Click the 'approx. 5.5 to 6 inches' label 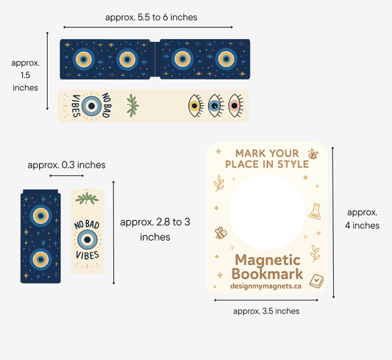tap(151, 17)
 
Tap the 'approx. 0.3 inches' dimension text tap(66, 165)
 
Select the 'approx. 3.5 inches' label tap(266, 311)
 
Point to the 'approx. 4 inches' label tap(363, 219)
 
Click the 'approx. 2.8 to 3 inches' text tap(155, 230)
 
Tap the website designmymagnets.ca tap(266, 286)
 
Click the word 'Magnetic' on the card tap(268, 260)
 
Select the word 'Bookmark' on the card tap(267, 274)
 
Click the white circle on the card tap(267, 211)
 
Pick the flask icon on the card tap(315, 211)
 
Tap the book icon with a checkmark tap(316, 281)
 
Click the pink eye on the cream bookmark tap(235, 105)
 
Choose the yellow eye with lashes tap(196, 105)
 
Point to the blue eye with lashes tap(216, 105)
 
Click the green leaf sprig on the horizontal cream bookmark tap(132, 106)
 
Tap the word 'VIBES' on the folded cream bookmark tap(88, 255)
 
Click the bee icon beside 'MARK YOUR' tap(313, 154)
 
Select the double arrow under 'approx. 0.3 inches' tap(66, 176)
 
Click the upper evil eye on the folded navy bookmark tap(40, 216)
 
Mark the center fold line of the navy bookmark tap(155, 60)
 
